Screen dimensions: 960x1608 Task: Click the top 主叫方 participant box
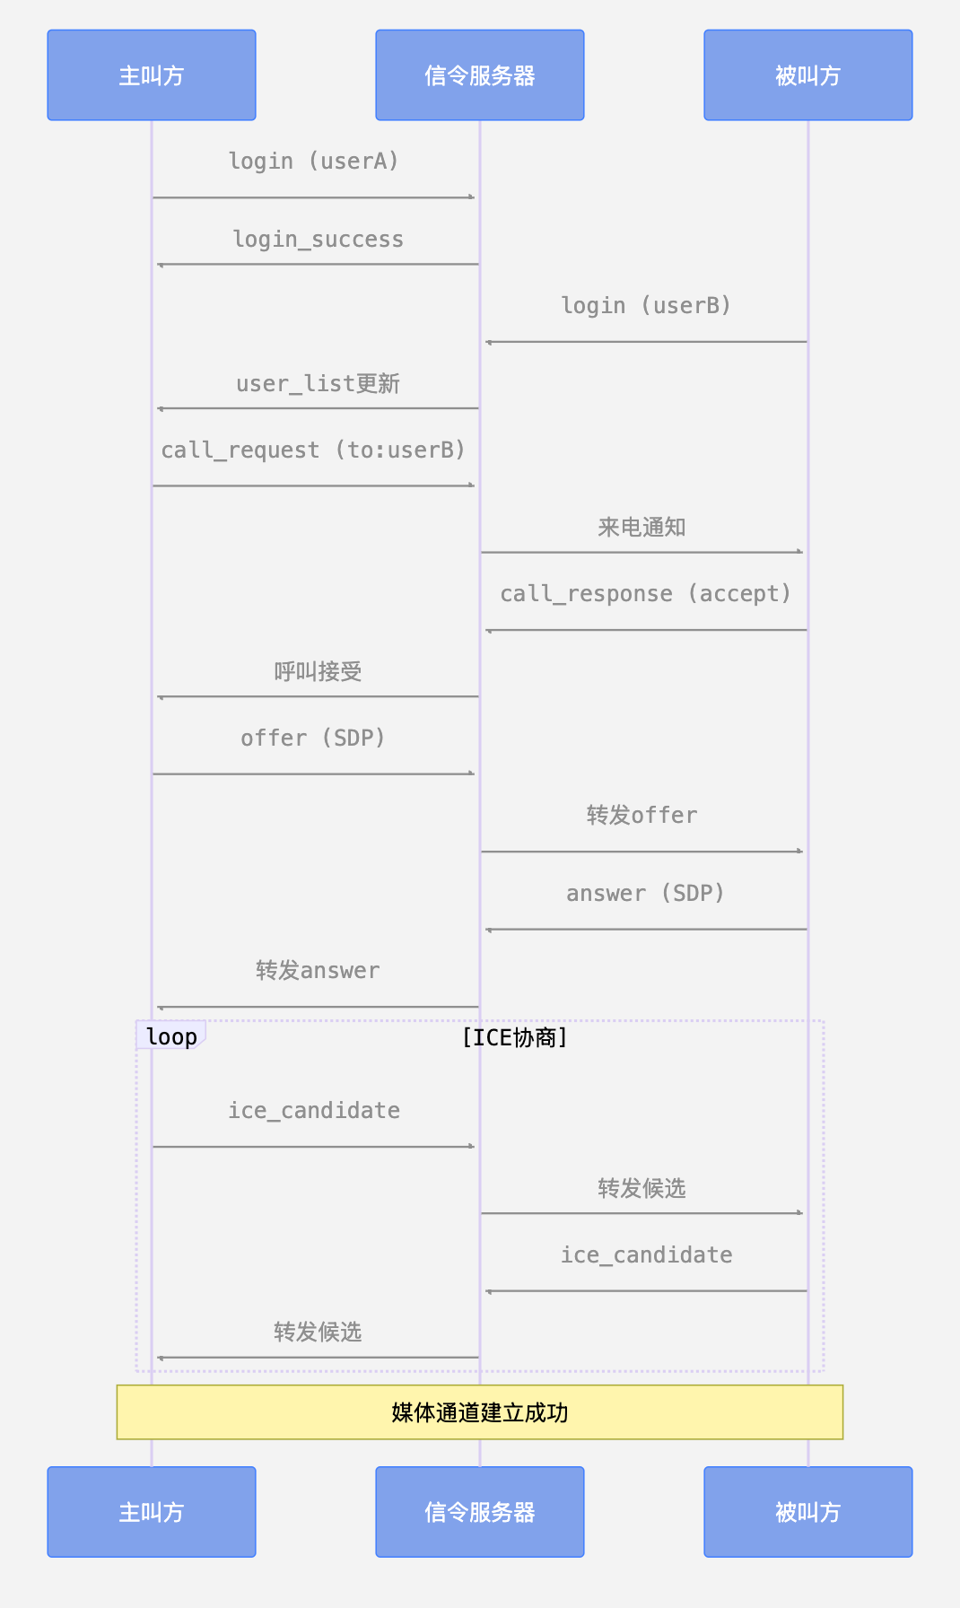(152, 75)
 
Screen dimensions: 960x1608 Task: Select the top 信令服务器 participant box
(480, 75)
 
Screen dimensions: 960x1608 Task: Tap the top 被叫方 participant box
(808, 75)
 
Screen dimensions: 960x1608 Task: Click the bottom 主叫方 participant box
(152, 1512)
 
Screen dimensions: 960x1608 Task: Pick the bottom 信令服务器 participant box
(480, 1512)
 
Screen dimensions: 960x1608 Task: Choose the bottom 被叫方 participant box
(808, 1512)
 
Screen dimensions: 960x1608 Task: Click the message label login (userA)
(314, 162)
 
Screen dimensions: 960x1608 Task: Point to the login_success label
(318, 240)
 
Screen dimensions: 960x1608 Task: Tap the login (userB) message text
(646, 306)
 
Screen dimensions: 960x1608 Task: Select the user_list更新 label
(318, 384)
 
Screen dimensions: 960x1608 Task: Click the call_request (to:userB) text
(314, 450)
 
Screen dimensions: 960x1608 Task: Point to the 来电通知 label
(642, 528)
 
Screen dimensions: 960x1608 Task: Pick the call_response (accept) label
(646, 594)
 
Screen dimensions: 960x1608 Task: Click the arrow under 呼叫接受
(318, 696)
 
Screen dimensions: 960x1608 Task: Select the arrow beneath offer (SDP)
(314, 773)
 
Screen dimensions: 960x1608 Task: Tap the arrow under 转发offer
(642, 852)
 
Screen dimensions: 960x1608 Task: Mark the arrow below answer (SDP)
(646, 930)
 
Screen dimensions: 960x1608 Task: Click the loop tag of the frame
(171, 1036)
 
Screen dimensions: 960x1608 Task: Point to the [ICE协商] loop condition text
(515, 1038)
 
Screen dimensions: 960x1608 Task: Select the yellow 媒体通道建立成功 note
(480, 1412)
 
